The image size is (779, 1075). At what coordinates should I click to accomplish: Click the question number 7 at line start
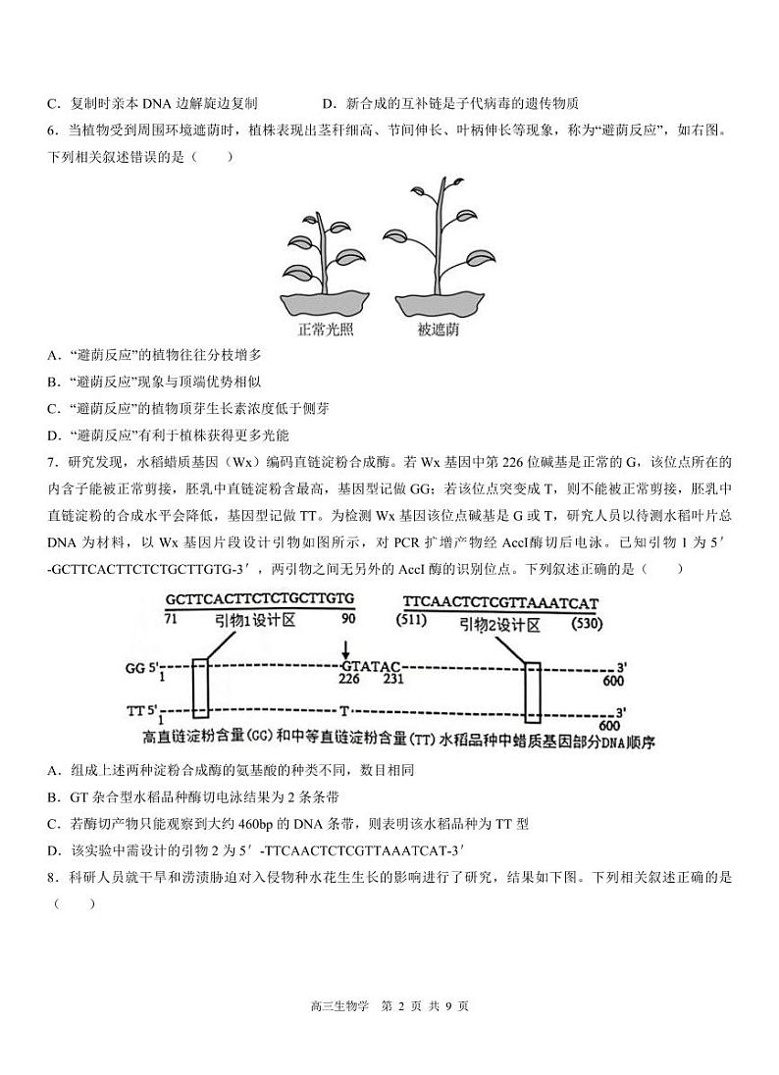coord(52,461)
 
